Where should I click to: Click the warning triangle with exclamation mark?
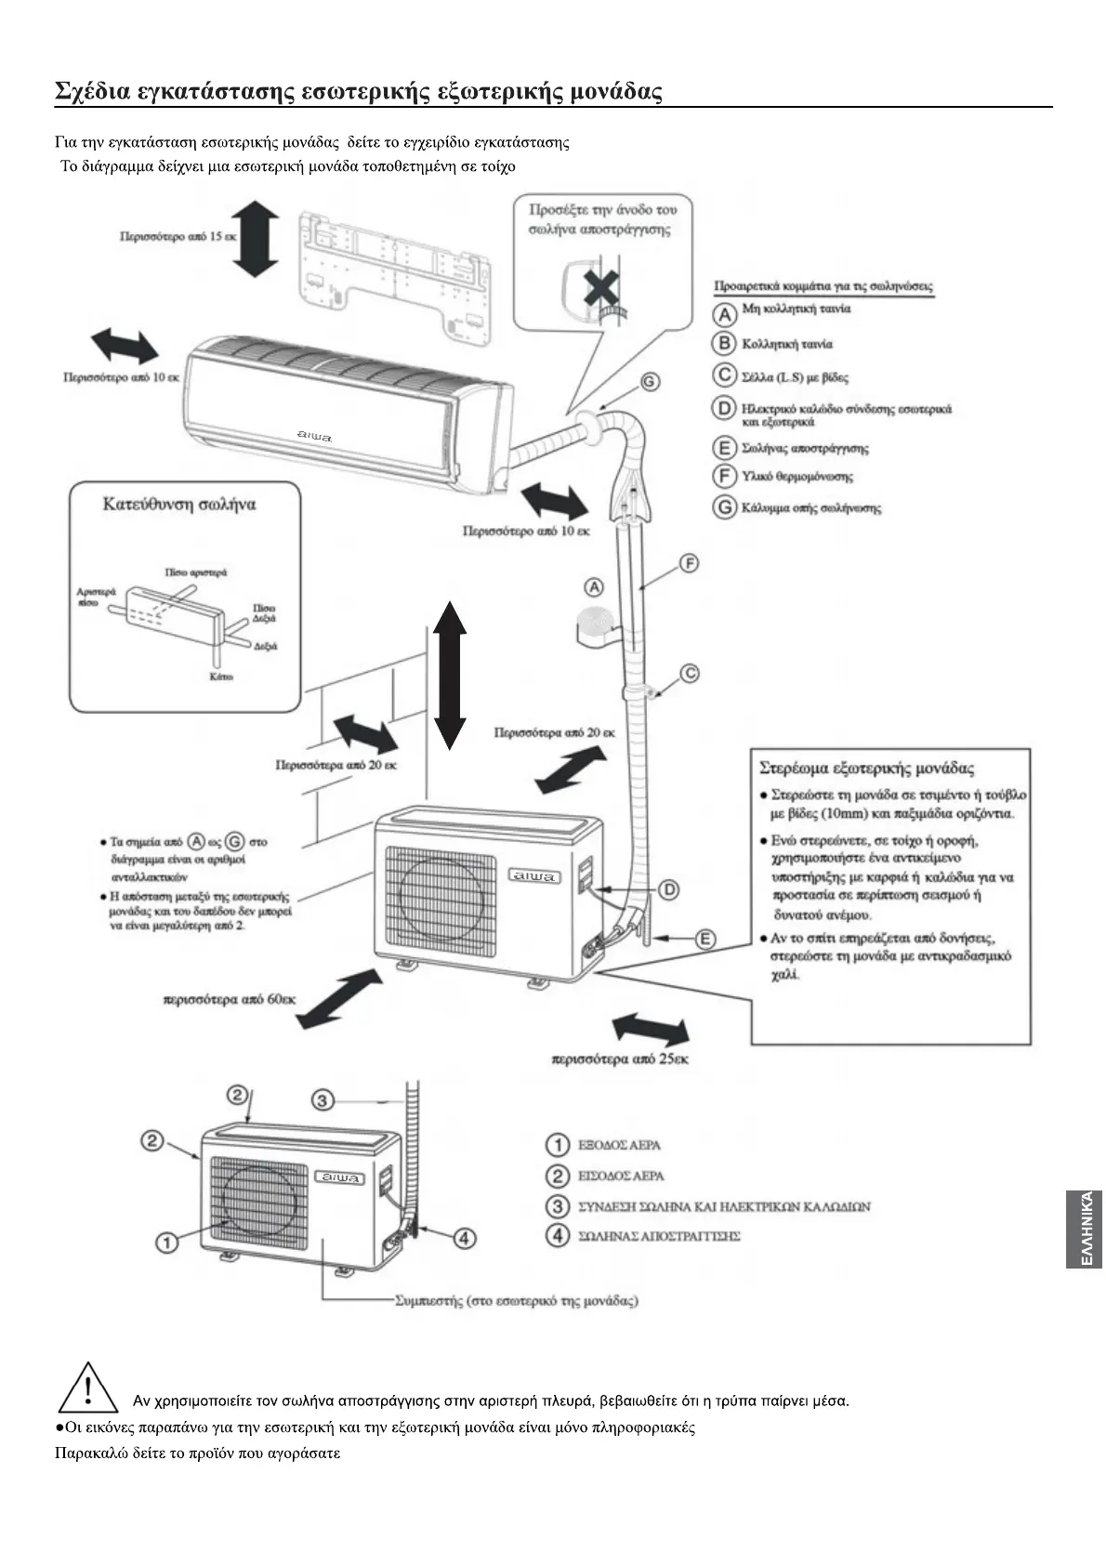pyautogui.click(x=87, y=1387)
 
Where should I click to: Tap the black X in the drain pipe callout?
pyautogui.click(x=601, y=290)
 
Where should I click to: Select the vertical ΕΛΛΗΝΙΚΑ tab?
pyautogui.click(x=1085, y=1229)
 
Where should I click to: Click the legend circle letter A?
pyautogui.click(x=725, y=311)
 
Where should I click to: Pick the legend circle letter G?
pyautogui.click(x=725, y=507)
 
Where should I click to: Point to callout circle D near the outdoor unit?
pyautogui.click(x=668, y=890)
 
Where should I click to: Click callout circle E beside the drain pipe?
pyautogui.click(x=705, y=939)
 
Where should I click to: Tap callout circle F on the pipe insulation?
pyautogui.click(x=689, y=563)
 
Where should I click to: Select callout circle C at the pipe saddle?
pyautogui.click(x=689, y=673)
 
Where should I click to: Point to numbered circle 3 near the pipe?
pyautogui.click(x=322, y=1100)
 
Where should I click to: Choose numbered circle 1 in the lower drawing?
pyautogui.click(x=167, y=1242)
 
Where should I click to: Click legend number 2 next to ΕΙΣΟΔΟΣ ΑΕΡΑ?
pyautogui.click(x=557, y=1176)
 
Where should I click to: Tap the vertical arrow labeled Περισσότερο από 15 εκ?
pyautogui.click(x=256, y=240)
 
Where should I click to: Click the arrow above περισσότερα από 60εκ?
pyautogui.click(x=339, y=998)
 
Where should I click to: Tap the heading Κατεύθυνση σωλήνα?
pyautogui.click(x=178, y=505)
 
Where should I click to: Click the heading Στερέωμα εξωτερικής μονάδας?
pyautogui.click(x=866, y=769)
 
